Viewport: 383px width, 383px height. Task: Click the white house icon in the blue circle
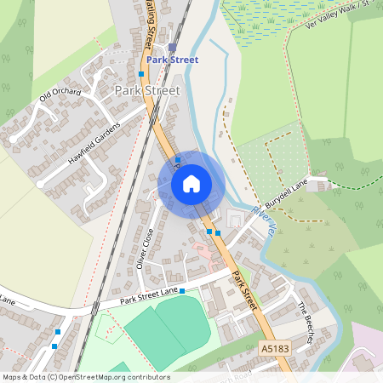(x=191, y=184)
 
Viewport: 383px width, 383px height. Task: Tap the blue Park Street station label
(x=172, y=60)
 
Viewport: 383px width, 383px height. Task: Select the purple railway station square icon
(x=172, y=47)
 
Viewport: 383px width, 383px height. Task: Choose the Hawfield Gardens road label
(x=94, y=140)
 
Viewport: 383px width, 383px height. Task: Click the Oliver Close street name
(x=145, y=248)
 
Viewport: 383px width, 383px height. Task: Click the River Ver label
(x=265, y=220)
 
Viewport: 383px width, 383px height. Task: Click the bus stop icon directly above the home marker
(x=177, y=159)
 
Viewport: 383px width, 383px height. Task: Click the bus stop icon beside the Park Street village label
(x=141, y=74)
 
